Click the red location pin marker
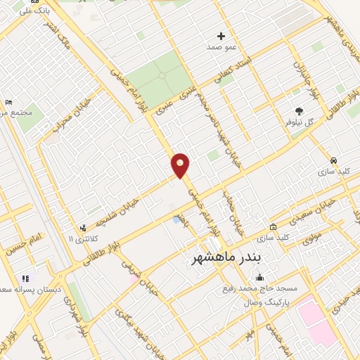[181, 165]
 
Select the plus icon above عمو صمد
[221, 36]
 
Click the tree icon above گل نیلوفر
[300, 111]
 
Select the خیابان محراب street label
[62, 117]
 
